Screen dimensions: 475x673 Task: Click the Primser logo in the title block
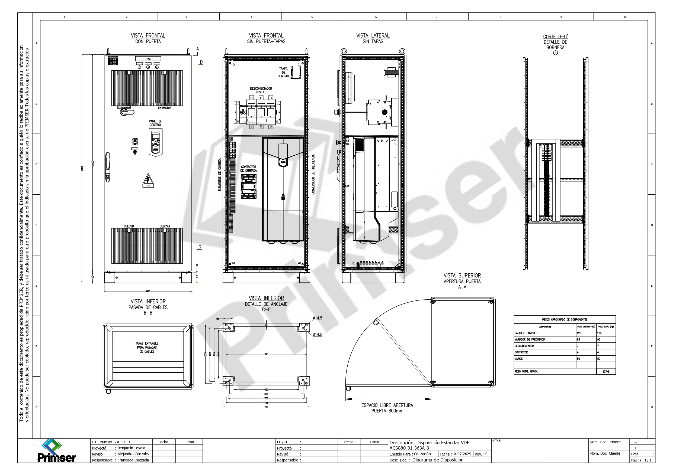[x=56, y=451]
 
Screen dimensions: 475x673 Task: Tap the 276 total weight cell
[x=605, y=371]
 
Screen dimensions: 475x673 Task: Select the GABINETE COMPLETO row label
[x=526, y=333]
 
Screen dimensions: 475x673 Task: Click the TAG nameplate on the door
[x=148, y=59]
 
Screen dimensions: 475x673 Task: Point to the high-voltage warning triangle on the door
[x=148, y=180]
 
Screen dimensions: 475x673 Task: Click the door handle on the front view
[x=108, y=168]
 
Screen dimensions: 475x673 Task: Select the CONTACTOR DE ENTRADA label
[x=248, y=169]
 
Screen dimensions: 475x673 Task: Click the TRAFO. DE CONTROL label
[x=283, y=72]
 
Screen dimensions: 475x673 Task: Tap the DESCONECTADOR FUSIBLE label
[x=261, y=90]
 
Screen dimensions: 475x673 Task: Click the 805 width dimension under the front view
[x=148, y=291]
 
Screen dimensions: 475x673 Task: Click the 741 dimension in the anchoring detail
[x=266, y=354]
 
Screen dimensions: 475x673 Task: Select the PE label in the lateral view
[x=353, y=263]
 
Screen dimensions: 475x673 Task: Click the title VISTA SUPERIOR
[x=462, y=276]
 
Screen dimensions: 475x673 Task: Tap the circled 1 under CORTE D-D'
[x=555, y=53]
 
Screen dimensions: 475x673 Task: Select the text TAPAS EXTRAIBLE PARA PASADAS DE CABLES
[x=147, y=348]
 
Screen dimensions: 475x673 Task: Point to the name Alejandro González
[x=133, y=454]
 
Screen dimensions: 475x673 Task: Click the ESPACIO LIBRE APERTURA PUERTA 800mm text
[x=387, y=408]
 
